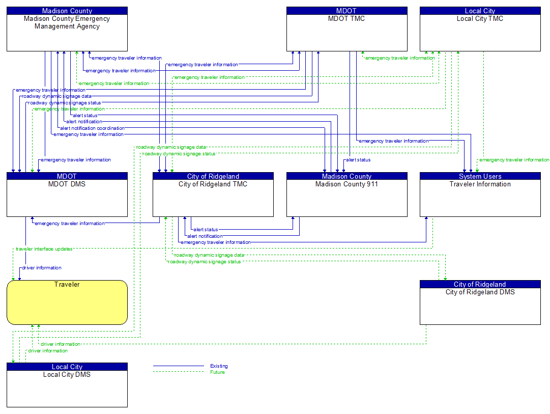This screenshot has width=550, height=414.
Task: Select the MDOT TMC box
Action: click(346, 33)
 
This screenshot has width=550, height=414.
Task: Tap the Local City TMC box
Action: click(480, 33)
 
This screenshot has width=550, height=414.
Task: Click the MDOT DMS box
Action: click(67, 198)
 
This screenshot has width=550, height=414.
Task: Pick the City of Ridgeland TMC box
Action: click(213, 198)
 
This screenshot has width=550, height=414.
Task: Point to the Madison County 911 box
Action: click(346, 198)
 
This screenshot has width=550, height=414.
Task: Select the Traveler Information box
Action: click(480, 198)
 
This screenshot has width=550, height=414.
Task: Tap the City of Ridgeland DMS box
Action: click(480, 306)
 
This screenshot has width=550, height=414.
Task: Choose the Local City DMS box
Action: click(67, 389)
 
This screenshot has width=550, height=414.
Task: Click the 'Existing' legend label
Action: click(219, 366)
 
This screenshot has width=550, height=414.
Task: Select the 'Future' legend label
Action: click(217, 372)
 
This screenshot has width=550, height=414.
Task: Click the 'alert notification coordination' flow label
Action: click(92, 128)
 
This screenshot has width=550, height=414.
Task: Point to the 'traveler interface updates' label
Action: click(44, 249)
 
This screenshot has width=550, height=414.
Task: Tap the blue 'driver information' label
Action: click(42, 268)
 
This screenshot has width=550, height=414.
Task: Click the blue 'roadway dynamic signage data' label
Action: click(57, 96)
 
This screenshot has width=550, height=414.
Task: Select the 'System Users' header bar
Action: click(480, 176)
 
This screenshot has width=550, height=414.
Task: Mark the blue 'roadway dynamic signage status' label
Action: click(65, 103)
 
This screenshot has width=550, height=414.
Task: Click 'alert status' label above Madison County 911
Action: click(358, 160)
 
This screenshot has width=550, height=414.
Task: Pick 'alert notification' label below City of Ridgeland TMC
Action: click(205, 236)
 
